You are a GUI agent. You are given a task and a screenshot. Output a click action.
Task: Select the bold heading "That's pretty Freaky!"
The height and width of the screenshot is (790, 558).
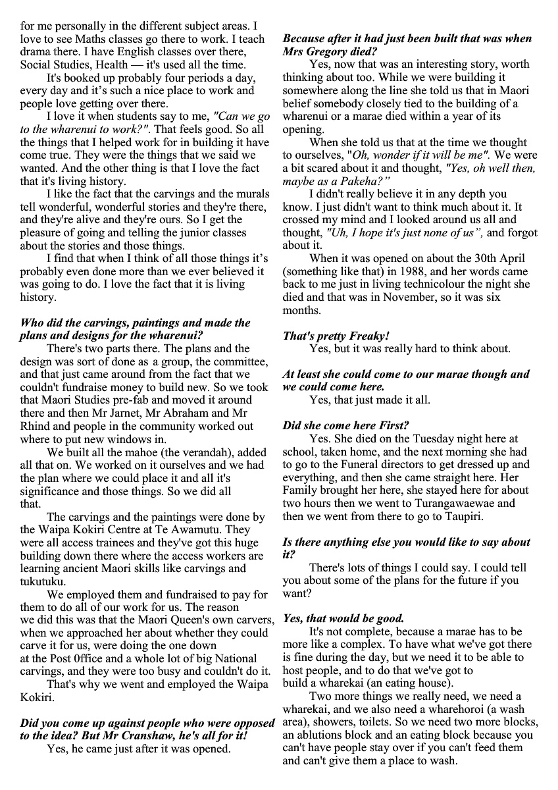[x=336, y=336]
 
